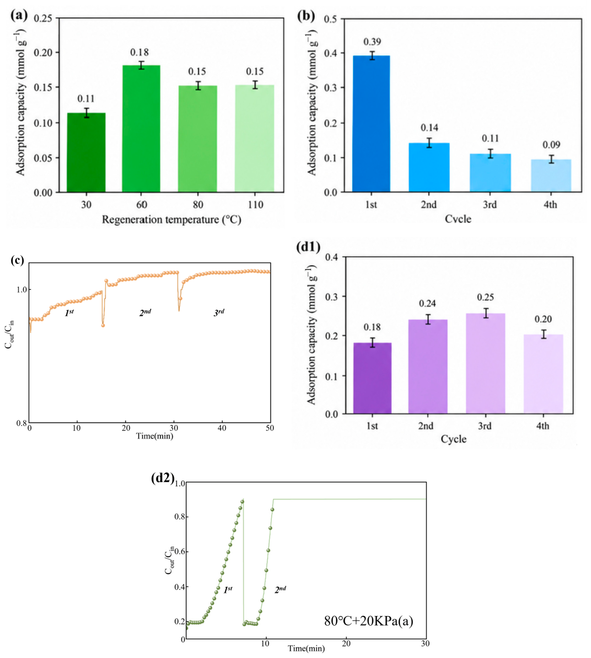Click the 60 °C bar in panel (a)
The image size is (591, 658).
point(141,129)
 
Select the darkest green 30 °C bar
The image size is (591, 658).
point(86,152)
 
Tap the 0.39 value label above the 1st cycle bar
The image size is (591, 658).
point(372,42)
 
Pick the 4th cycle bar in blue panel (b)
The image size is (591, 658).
point(551,176)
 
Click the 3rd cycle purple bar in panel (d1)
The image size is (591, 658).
point(485,363)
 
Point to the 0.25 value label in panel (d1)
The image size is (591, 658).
point(485,297)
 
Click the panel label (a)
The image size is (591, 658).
point(19,15)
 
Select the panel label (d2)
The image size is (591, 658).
point(163,478)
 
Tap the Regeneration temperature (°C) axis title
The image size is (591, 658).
point(171,219)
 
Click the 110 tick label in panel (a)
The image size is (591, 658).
point(255,205)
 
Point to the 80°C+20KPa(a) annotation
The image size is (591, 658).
point(369,621)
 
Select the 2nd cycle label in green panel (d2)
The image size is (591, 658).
point(280,589)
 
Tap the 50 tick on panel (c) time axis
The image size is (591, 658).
point(270,428)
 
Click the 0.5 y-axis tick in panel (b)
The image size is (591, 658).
point(330,19)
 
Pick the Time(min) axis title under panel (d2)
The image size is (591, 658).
point(306,648)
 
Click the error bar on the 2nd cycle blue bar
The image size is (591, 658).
point(429,143)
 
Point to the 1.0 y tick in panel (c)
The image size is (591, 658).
point(21,289)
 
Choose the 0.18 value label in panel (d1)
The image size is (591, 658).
point(372,327)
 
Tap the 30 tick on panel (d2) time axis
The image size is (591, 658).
point(425,644)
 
